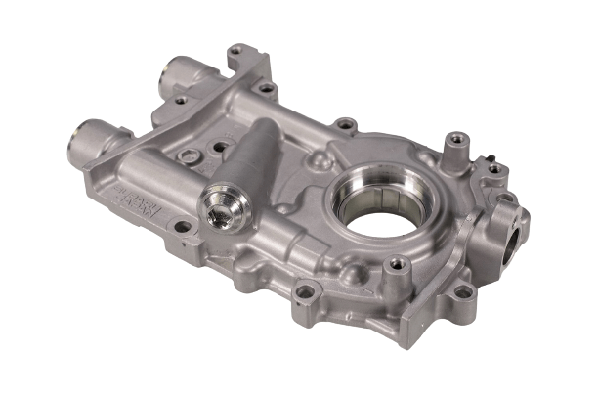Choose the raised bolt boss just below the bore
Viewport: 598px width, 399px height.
(x=396, y=265)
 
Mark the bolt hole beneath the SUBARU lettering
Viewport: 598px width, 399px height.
(x=182, y=227)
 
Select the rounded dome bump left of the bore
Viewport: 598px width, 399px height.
(x=318, y=158)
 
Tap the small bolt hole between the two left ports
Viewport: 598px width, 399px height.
(x=180, y=100)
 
